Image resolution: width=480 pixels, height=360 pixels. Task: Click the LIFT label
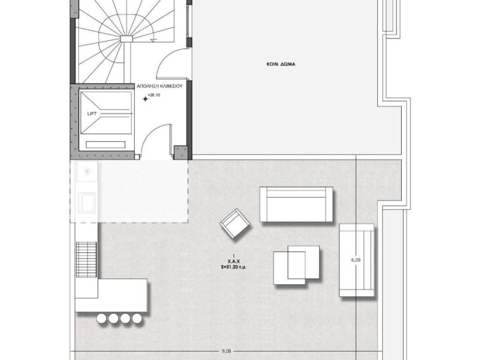pos(92,113)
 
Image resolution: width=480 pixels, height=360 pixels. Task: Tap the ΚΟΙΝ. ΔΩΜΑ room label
pos(281,64)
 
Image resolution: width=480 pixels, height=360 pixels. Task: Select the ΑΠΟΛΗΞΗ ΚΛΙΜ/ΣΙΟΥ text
pos(159,86)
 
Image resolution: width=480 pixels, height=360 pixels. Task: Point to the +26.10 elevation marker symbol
pos(145,98)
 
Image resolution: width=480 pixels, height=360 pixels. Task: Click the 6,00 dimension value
pos(356,260)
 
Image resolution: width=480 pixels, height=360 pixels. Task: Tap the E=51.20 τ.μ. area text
pos(233,267)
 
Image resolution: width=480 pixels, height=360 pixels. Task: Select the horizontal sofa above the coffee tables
pos(296,204)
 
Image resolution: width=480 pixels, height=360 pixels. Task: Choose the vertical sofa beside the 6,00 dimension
pos(357,260)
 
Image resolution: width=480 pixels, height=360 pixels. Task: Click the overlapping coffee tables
pos(296,265)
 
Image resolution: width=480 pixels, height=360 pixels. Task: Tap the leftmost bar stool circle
pos(101,319)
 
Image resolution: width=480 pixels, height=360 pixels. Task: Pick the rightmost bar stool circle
pos(137,319)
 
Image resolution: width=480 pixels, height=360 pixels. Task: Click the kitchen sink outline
pos(87,202)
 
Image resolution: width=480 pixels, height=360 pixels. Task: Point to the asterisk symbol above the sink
pos(87,172)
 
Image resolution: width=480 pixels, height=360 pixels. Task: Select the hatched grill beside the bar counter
pos(86,260)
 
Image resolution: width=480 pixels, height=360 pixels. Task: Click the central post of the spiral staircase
pos(126,38)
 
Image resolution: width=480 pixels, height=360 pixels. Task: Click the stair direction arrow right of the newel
pos(153,38)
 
